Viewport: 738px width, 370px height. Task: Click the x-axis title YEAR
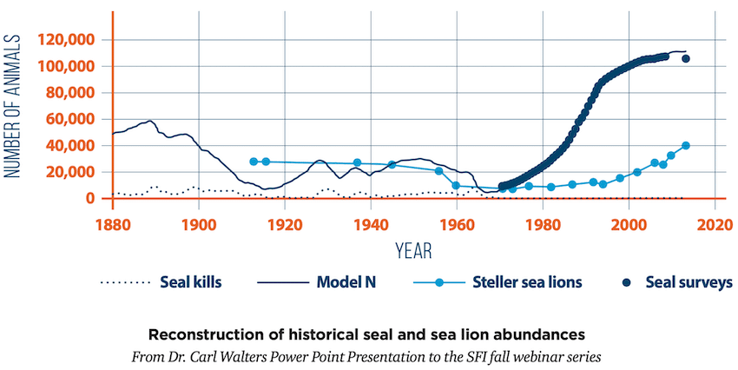[413, 251]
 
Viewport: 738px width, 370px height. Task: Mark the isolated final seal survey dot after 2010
[686, 59]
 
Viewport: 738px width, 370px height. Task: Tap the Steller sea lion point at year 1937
[357, 162]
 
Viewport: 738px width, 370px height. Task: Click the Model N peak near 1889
[150, 121]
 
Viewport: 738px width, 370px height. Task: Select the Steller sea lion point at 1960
[456, 186]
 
